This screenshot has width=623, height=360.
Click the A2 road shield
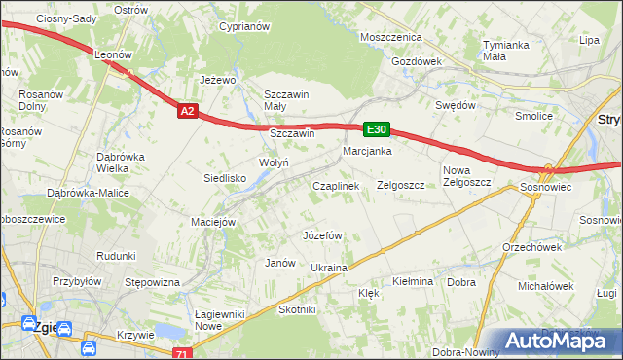189,112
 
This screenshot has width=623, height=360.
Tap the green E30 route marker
378,129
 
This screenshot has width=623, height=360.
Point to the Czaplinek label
336,185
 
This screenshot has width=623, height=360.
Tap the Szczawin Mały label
286,100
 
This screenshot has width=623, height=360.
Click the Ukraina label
328,268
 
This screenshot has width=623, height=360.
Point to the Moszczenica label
389,36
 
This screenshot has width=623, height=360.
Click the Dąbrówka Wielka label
121,162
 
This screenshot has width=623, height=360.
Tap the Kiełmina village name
412,281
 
